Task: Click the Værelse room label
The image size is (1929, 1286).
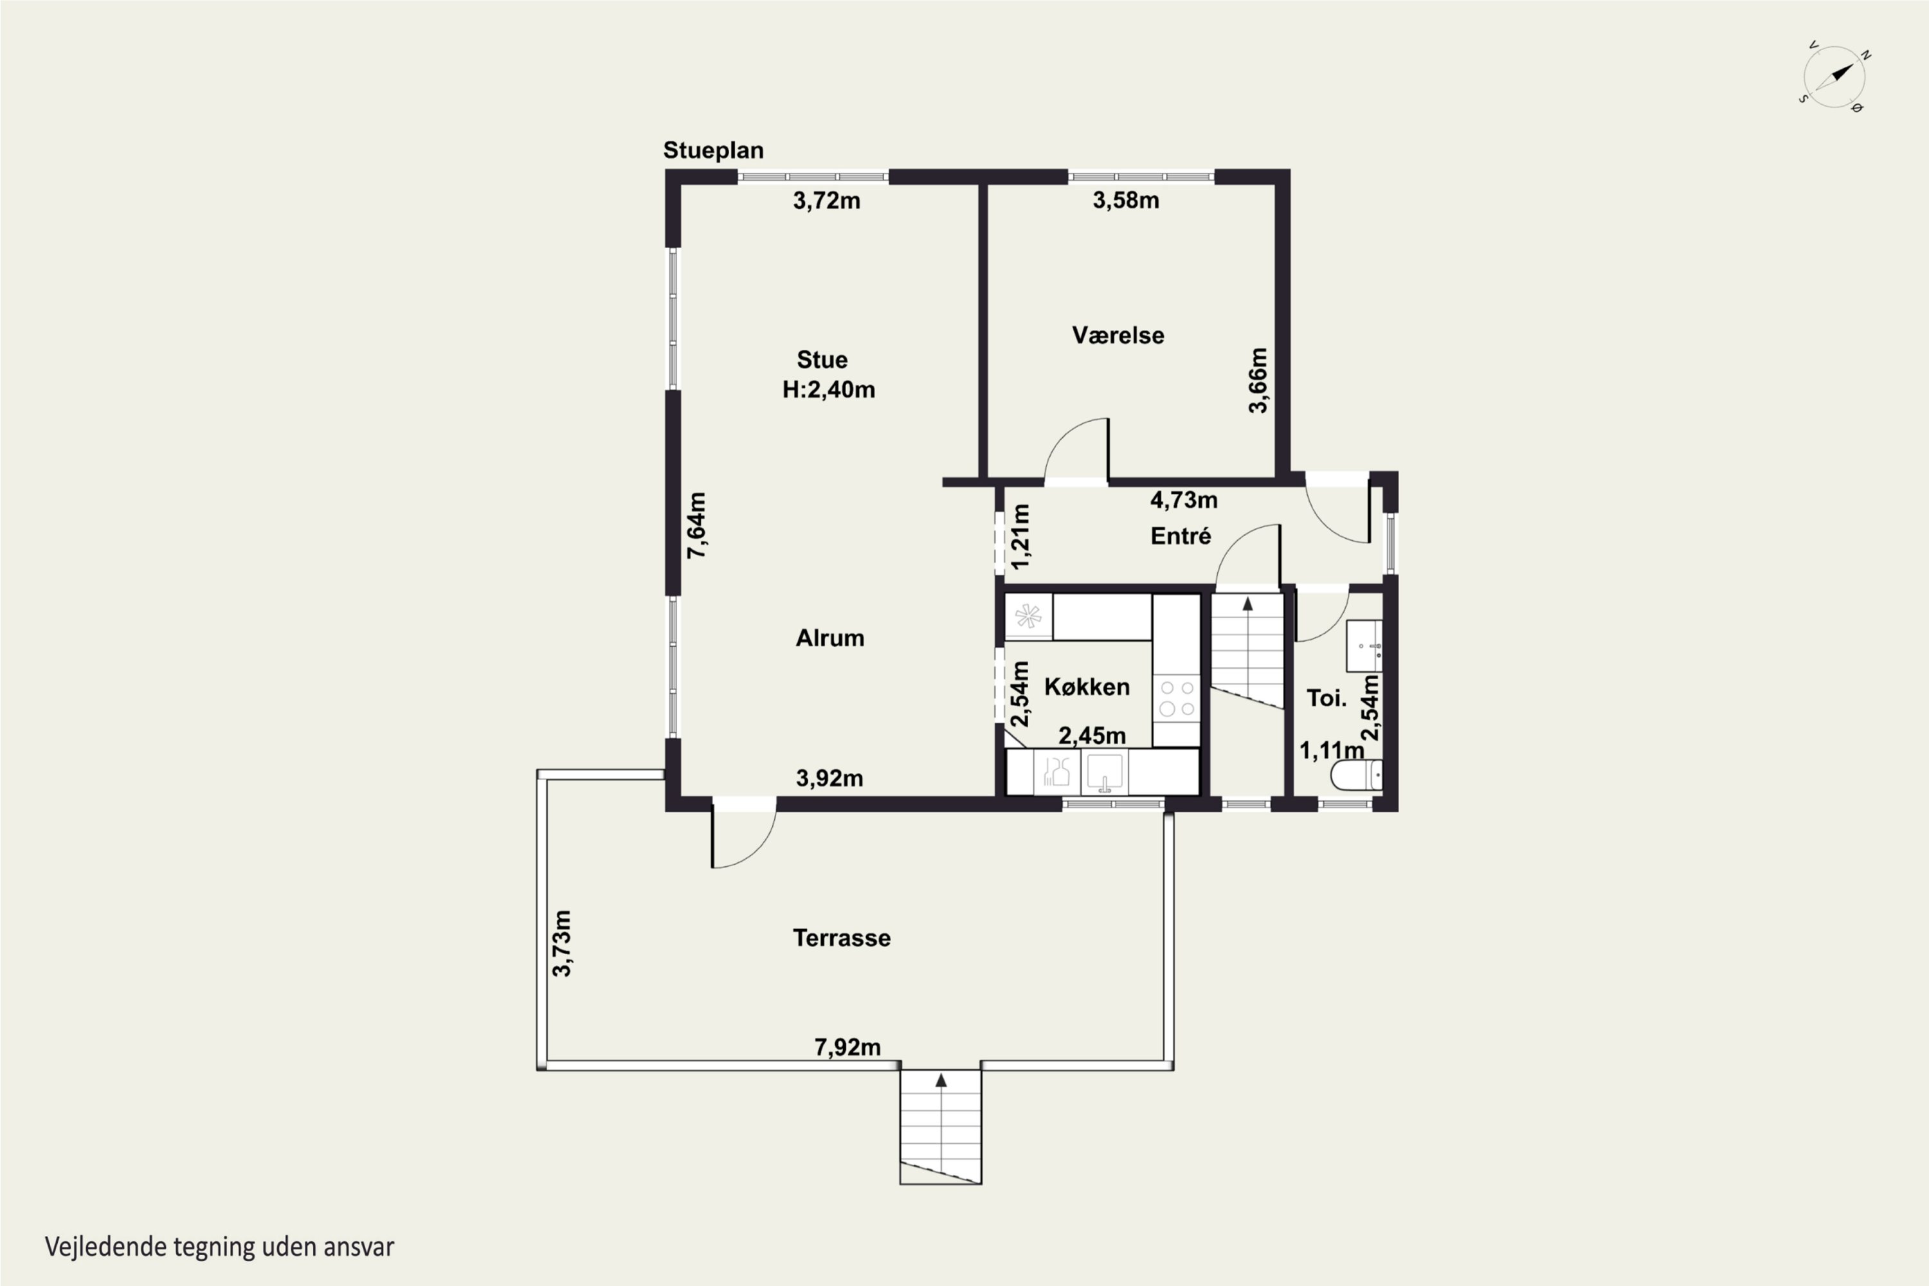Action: [1118, 336]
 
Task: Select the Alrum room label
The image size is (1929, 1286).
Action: [830, 638]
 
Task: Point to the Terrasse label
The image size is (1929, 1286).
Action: [842, 938]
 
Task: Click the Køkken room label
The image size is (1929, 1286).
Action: [1087, 687]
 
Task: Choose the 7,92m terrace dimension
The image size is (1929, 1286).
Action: [847, 1047]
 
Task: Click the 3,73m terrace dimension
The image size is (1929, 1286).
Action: [562, 943]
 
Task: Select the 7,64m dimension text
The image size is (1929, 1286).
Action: [696, 526]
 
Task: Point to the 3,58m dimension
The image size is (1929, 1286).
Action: [1125, 200]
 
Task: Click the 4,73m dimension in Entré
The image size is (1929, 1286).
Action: [1184, 500]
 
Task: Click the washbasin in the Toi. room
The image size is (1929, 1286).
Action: [1364, 646]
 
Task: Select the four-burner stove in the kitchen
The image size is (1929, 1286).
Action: [1176, 698]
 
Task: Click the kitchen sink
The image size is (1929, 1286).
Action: [1105, 773]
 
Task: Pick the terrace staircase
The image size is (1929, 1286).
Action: [941, 1127]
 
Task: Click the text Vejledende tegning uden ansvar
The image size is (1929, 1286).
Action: [220, 1247]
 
